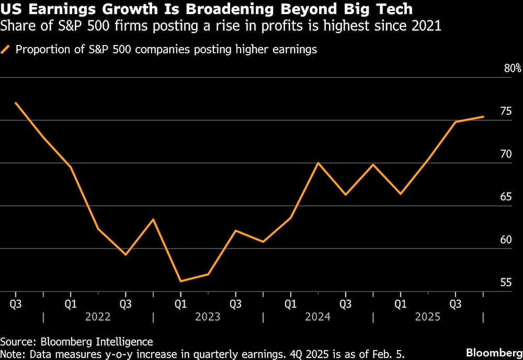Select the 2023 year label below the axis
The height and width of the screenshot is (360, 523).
click(x=208, y=317)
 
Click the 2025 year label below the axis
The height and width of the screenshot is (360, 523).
click(x=428, y=317)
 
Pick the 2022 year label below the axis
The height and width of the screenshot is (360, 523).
click(x=98, y=317)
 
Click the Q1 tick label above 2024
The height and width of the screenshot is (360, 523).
click(x=290, y=303)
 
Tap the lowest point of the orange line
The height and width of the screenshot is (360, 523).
click(x=180, y=282)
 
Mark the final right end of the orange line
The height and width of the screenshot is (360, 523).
click(x=483, y=117)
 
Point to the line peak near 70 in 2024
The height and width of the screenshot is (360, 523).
click(x=318, y=163)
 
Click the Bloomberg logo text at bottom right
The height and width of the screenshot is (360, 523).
click(x=494, y=351)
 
